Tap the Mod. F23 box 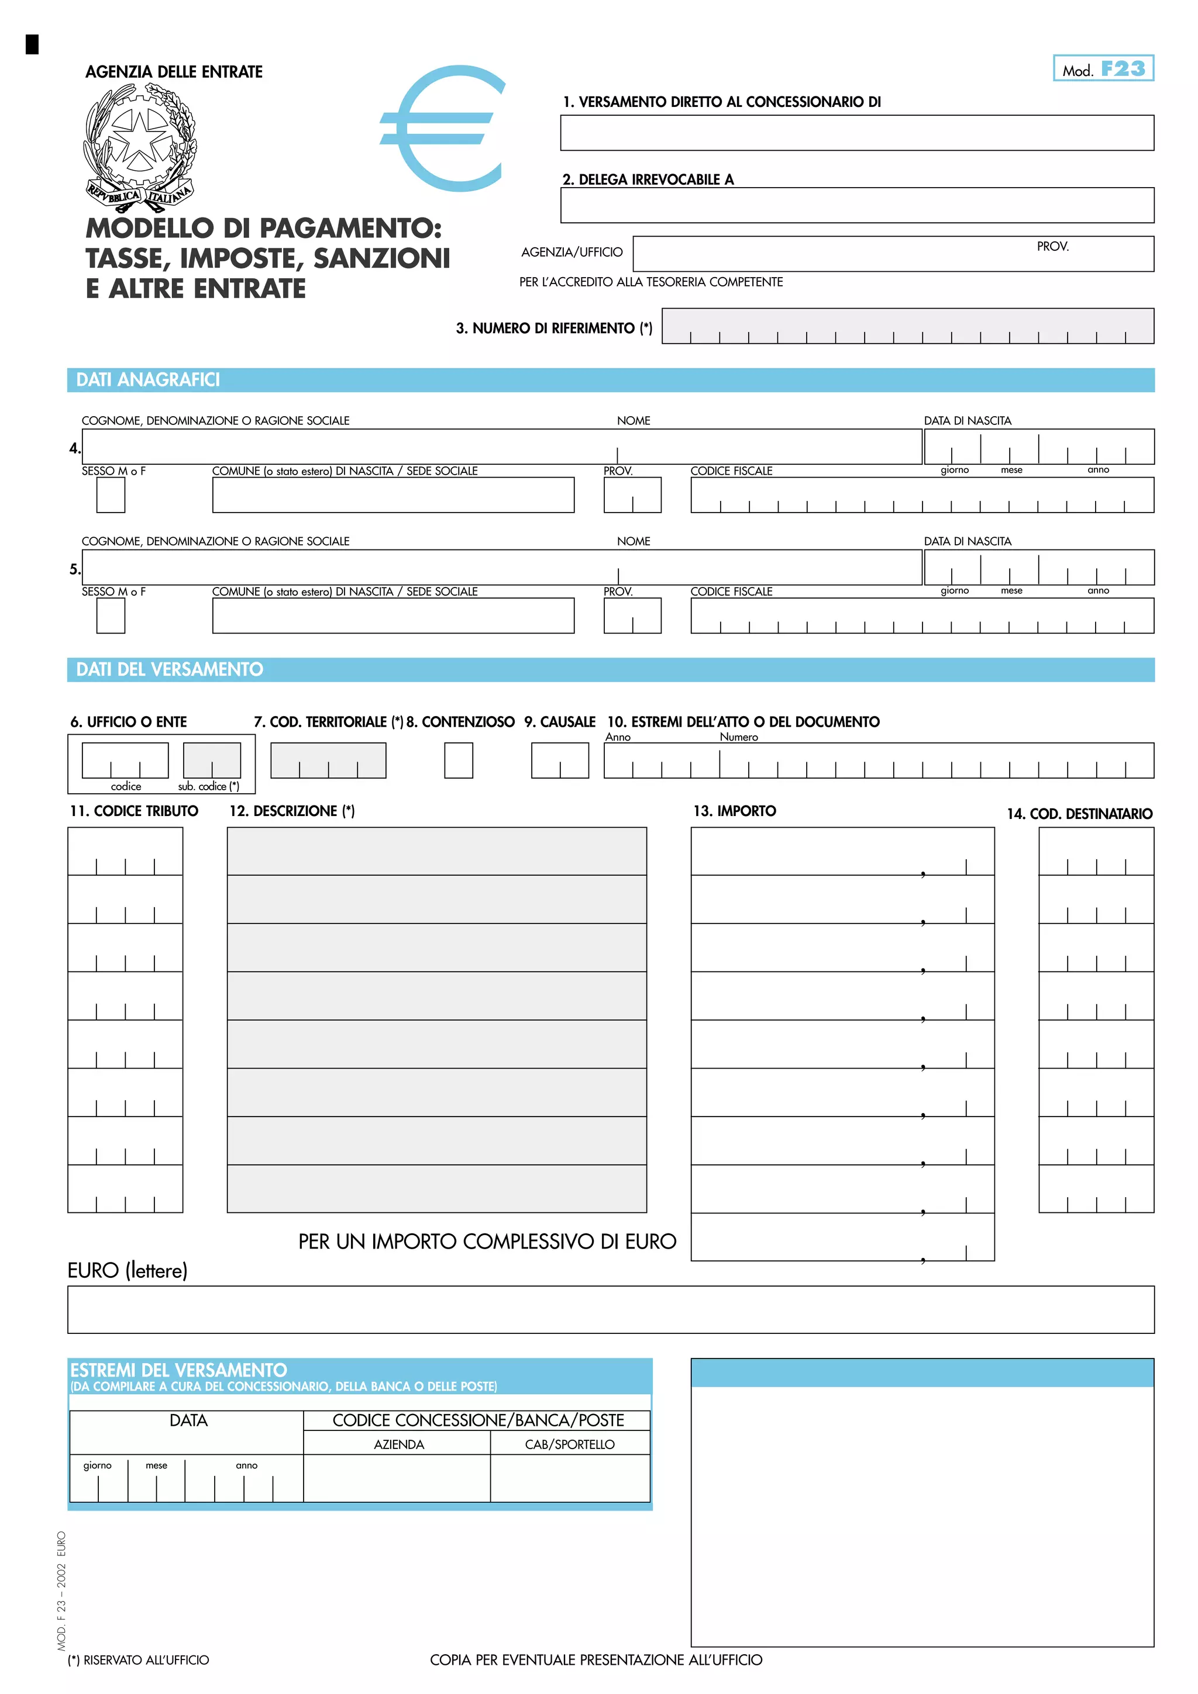point(1103,68)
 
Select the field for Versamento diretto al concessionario point(856,133)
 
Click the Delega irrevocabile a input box point(856,205)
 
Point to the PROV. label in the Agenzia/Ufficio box point(1052,247)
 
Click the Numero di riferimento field point(907,326)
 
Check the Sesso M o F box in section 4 point(111,495)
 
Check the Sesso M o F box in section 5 point(111,616)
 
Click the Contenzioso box point(459,760)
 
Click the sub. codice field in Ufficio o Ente point(212,760)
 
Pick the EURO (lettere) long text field point(611,1309)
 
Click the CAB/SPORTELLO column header point(569,1444)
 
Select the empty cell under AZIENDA point(397,1478)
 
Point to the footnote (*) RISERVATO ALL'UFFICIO point(138,1660)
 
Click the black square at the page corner point(32,44)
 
